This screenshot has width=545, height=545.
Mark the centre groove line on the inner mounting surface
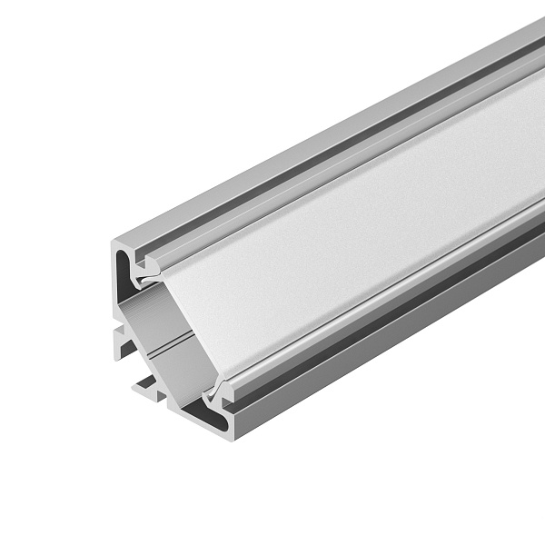pos(168,345)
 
